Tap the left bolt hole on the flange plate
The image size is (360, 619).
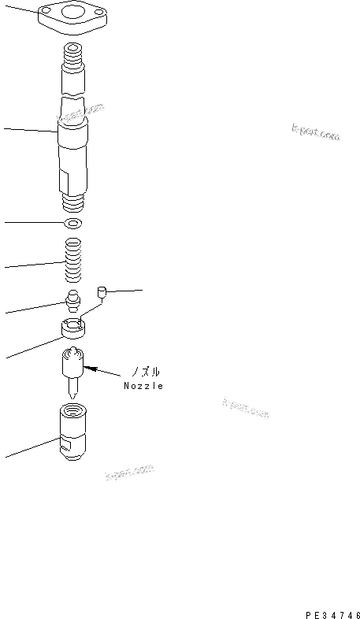coord(49,10)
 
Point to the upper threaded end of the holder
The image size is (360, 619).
coord(73,55)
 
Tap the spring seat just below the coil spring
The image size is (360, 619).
coord(73,301)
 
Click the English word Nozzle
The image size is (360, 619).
coord(143,386)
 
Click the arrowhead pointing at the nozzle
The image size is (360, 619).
coord(88,366)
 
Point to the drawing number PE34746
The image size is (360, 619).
coord(332,610)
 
